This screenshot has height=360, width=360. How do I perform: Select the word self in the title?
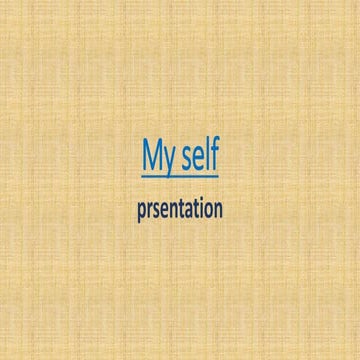(199, 158)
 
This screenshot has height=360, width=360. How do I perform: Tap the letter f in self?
(213, 157)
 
